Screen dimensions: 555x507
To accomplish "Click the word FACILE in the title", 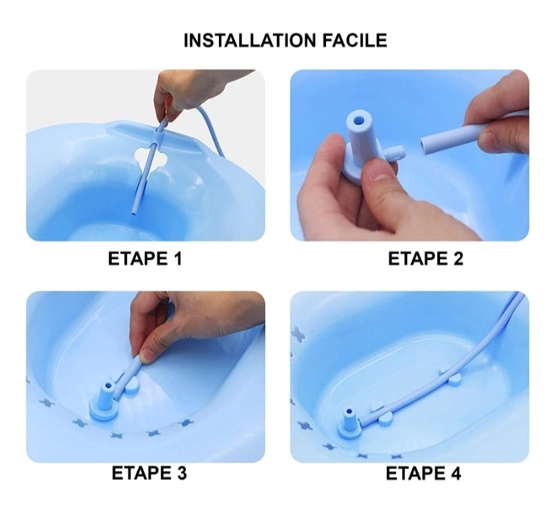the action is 355,40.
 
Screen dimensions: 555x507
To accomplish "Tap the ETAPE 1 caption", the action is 145,259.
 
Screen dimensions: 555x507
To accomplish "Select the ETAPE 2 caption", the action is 425,259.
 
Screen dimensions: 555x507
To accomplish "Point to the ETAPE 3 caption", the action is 149,473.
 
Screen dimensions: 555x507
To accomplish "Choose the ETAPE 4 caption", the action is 423,473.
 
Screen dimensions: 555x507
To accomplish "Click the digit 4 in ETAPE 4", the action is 456,473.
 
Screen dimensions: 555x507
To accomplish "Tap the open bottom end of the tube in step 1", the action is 134,213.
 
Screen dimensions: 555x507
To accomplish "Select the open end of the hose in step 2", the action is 425,145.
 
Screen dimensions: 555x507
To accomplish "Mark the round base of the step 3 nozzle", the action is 103,411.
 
